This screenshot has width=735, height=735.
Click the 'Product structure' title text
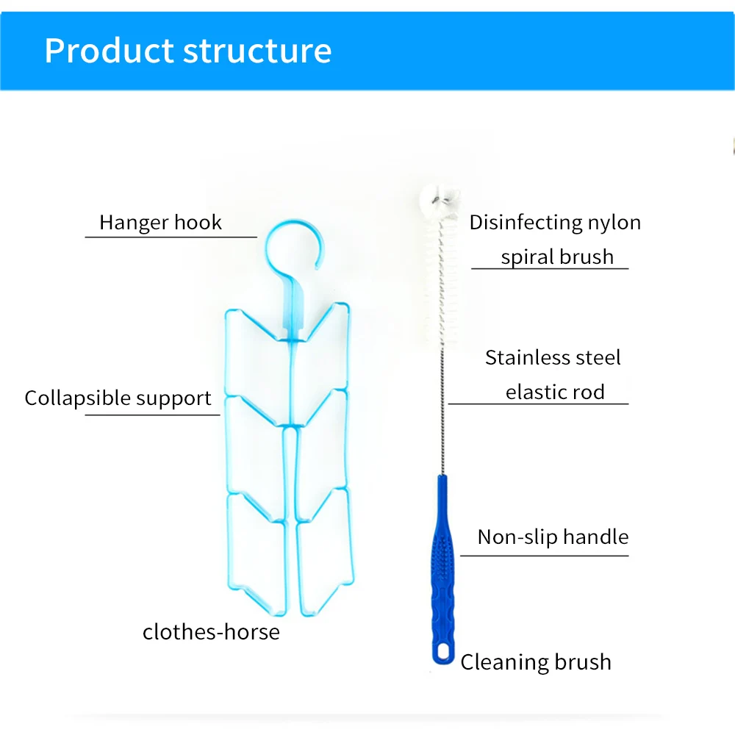[x=187, y=51]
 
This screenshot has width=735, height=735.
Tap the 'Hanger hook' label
[x=160, y=222]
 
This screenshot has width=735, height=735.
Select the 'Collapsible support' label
[x=118, y=398]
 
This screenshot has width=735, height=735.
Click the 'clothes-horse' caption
[x=211, y=631]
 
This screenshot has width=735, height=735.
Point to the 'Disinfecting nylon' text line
[x=555, y=222]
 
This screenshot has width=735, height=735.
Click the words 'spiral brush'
[x=556, y=257]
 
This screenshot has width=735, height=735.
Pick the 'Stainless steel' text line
[x=553, y=358]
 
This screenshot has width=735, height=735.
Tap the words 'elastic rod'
[x=555, y=392]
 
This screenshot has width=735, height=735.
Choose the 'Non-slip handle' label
[x=553, y=537]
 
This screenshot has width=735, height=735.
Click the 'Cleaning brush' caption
[x=536, y=661]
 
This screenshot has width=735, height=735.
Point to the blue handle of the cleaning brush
[x=442, y=573]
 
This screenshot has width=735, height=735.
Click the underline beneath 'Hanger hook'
[x=171, y=237]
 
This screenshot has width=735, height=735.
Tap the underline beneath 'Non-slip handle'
[x=544, y=555]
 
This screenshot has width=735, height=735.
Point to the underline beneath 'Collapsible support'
[x=152, y=415]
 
